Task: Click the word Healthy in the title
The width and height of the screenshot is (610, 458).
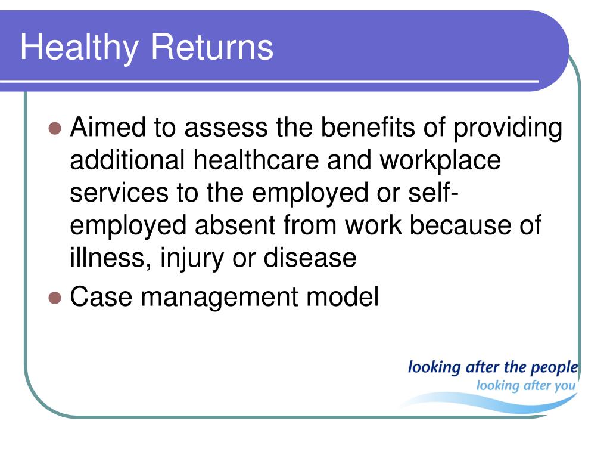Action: (x=79, y=48)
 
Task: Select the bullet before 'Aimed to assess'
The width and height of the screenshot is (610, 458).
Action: (x=55, y=128)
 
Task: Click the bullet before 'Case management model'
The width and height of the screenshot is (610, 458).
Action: (x=55, y=298)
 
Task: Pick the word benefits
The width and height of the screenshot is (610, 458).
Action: (x=368, y=127)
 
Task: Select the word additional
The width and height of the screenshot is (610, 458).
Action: (x=127, y=160)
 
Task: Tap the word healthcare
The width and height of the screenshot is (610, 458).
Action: (x=256, y=160)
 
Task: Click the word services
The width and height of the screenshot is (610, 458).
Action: (x=119, y=193)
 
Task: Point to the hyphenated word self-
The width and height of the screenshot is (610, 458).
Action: (x=434, y=193)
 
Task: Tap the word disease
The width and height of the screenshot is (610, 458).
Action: (x=310, y=258)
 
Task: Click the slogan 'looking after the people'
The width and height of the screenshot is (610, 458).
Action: (x=493, y=367)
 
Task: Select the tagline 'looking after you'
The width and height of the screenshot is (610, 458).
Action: (x=525, y=386)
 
